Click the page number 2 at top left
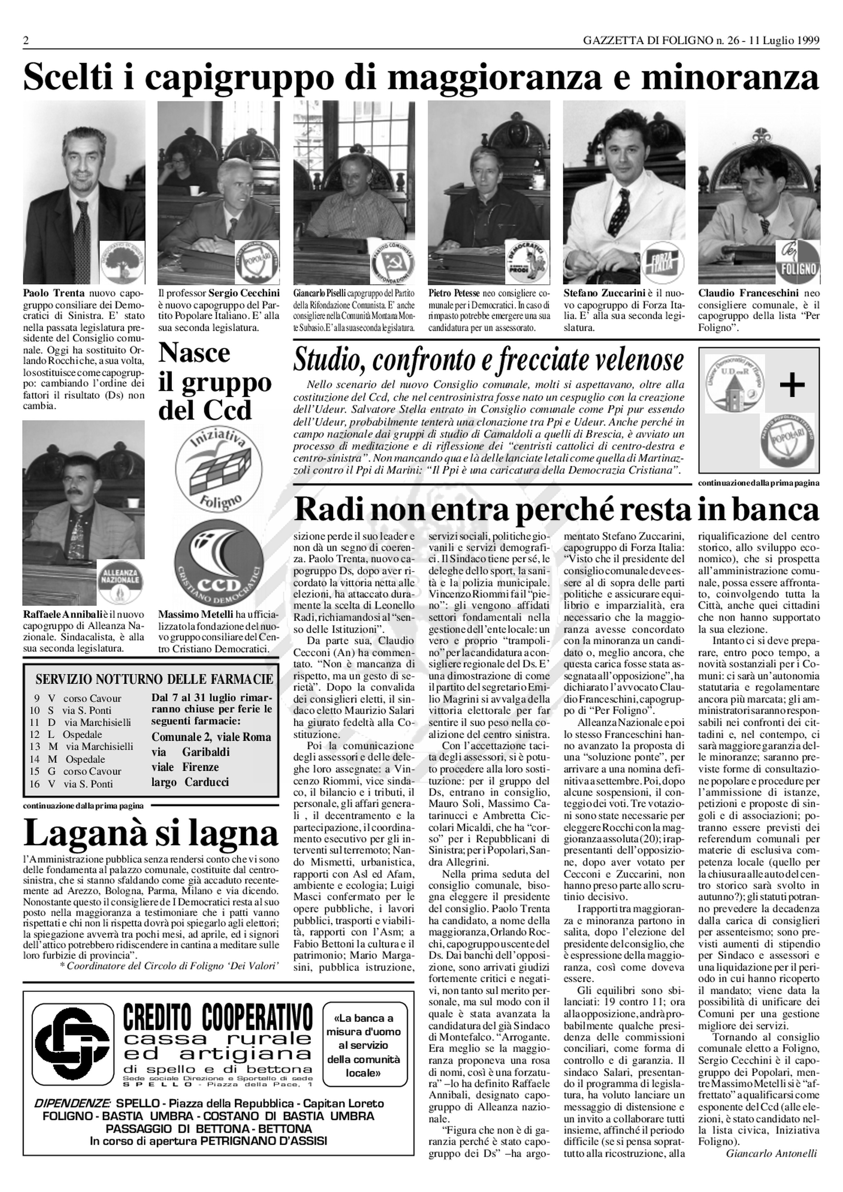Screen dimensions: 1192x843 [25, 40]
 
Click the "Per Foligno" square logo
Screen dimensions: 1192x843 [798, 262]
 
